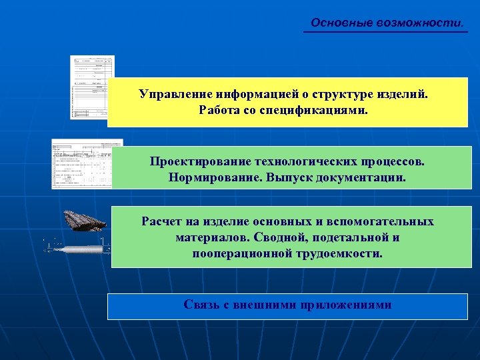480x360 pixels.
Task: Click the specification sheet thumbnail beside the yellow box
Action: pyautogui.click(x=92, y=87)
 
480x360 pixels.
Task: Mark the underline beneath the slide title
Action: pyautogui.click(x=385, y=31)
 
